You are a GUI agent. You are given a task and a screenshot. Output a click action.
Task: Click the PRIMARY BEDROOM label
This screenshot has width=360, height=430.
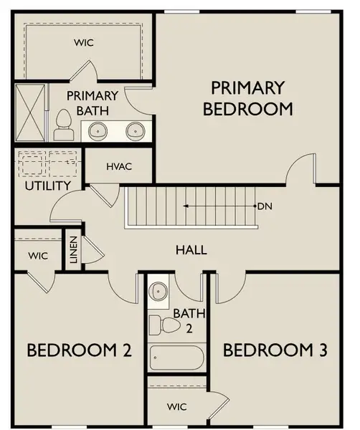click(x=248, y=98)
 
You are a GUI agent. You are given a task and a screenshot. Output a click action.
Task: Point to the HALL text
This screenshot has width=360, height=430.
click(x=191, y=250)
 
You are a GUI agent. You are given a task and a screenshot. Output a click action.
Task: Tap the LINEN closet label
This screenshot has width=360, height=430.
click(x=73, y=247)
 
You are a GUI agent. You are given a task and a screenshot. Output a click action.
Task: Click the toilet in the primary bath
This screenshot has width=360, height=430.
click(x=62, y=125)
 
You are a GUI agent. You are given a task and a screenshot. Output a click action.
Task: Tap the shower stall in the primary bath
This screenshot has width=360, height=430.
click(x=31, y=113)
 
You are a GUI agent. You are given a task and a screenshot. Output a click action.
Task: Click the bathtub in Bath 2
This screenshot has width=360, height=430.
click(x=176, y=358)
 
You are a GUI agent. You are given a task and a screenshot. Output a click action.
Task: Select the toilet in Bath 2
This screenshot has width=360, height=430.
click(x=165, y=325)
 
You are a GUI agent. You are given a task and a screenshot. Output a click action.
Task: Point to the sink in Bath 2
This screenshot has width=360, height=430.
click(x=158, y=292)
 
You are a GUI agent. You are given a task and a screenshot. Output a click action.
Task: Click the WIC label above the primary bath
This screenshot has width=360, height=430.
click(x=84, y=42)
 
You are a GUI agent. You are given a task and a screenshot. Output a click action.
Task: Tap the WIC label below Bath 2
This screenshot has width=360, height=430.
click(x=177, y=406)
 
